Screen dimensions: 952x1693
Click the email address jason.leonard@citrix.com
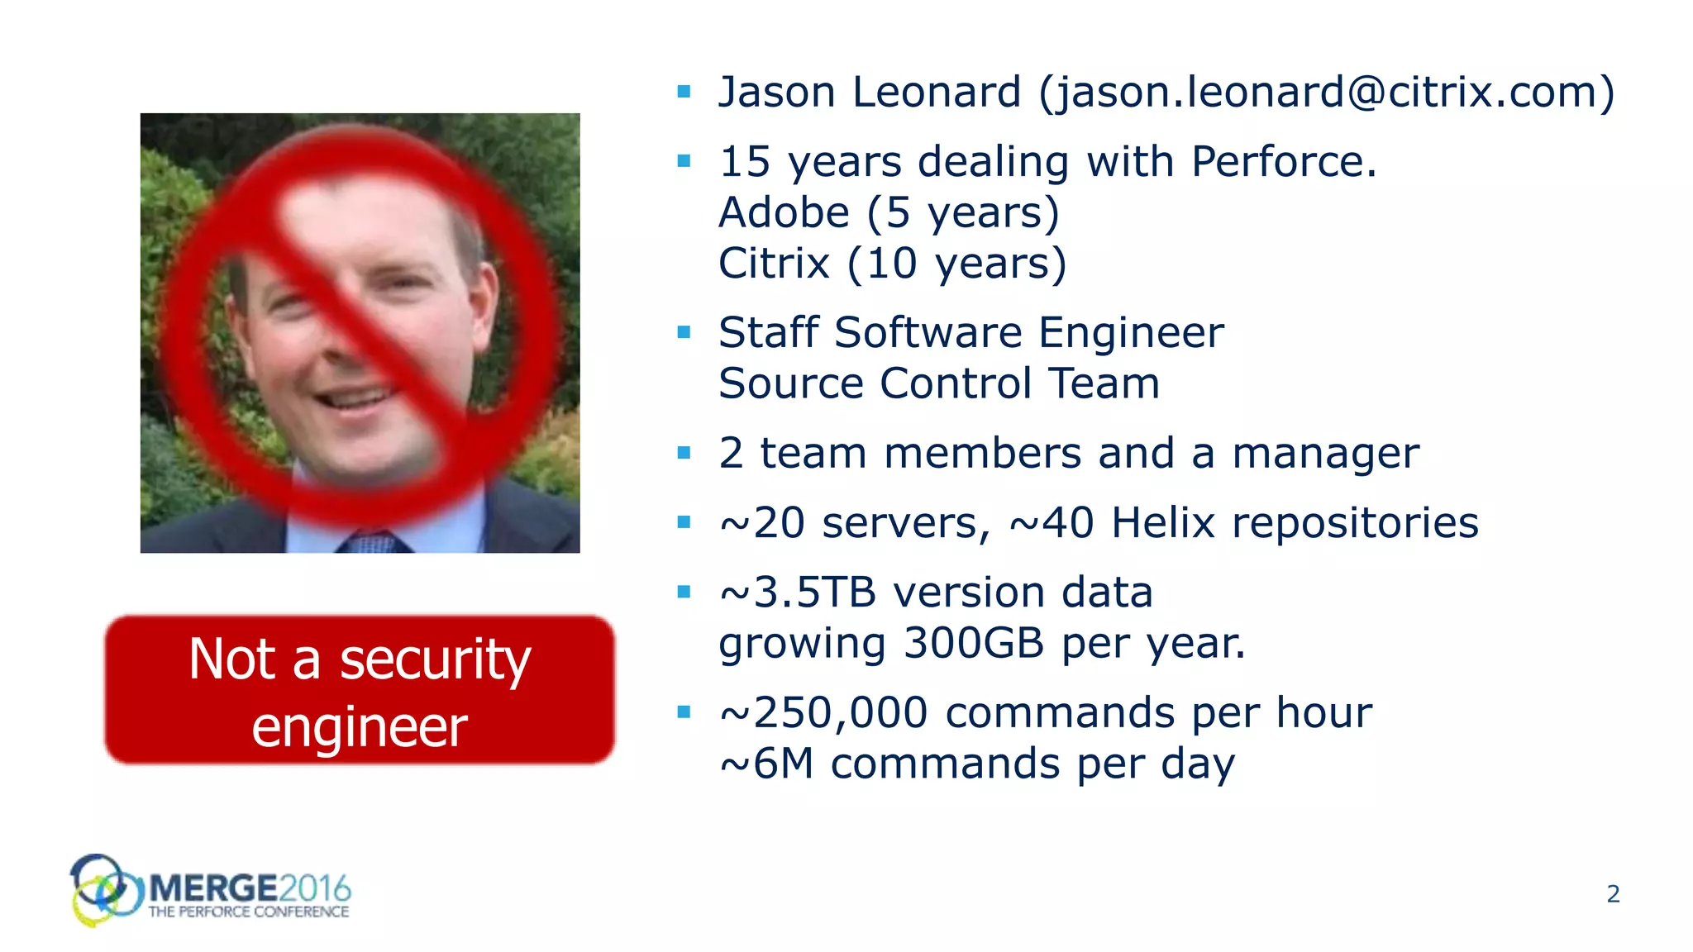(1326, 93)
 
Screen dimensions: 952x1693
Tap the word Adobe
(784, 213)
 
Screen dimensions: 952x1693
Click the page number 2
(1613, 893)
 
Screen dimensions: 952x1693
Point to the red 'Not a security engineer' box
(360, 690)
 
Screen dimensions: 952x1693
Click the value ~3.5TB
(798, 593)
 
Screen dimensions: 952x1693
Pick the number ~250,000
(823, 713)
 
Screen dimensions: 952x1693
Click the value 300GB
(974, 644)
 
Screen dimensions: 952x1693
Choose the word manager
(1325, 454)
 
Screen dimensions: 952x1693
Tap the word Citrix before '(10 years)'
(774, 264)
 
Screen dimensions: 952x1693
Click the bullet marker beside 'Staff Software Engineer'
(684, 332)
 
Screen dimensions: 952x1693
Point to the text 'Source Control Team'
(939, 384)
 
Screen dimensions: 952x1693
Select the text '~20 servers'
(853, 523)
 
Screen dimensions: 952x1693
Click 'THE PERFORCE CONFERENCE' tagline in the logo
(249, 912)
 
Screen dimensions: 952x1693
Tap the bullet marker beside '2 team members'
(684, 453)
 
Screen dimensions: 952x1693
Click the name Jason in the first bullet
(776, 93)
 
